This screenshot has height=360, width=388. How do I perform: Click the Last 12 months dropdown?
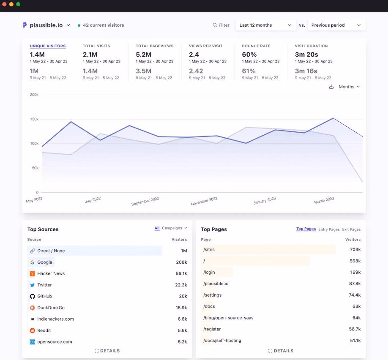click(x=265, y=25)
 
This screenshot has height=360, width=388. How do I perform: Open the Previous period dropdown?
click(x=336, y=25)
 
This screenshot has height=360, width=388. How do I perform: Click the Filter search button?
click(x=221, y=25)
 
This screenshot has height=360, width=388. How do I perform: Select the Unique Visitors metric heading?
click(x=48, y=46)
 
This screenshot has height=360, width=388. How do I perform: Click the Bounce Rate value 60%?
click(x=249, y=55)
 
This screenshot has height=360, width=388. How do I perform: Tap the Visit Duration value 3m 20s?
click(x=306, y=55)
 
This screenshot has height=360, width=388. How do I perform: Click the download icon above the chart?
click(x=331, y=87)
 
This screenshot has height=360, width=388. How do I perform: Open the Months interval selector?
click(x=349, y=87)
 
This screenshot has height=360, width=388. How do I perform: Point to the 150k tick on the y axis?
click(x=34, y=119)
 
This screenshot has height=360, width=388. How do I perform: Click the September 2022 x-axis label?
click(x=145, y=201)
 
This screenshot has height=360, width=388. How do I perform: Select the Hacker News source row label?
click(x=51, y=273)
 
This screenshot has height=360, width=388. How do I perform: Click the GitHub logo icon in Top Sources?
click(x=33, y=296)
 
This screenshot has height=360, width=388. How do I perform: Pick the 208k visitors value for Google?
click(x=181, y=262)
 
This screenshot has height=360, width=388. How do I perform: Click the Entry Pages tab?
click(x=329, y=229)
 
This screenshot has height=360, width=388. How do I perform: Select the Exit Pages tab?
click(x=351, y=229)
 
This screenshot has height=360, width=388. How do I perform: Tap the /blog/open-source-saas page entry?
click(x=228, y=318)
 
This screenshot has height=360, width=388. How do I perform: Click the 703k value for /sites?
click(x=355, y=249)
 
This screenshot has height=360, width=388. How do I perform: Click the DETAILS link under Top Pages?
click(x=281, y=351)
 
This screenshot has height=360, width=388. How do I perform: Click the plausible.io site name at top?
click(x=46, y=25)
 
